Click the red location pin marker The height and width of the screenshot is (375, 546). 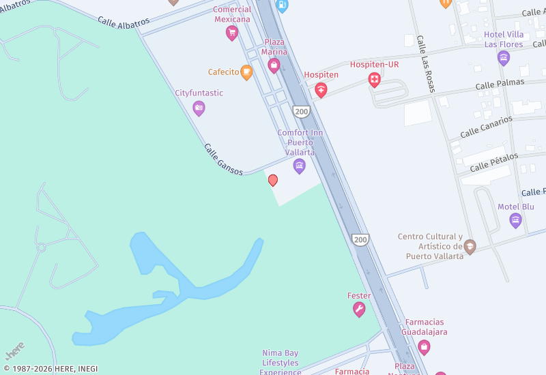coord(273,180)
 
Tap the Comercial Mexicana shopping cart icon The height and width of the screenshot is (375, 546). coord(232,33)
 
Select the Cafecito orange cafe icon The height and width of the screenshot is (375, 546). coord(246,72)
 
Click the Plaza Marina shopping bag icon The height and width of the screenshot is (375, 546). coord(274,65)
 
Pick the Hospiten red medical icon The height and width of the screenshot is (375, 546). coord(321,89)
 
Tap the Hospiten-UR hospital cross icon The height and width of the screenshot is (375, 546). coord(374,80)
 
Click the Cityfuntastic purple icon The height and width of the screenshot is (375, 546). coord(199,108)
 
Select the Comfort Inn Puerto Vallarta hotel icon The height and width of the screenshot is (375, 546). coord(299,166)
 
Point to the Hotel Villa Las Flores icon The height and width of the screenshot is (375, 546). coord(504,58)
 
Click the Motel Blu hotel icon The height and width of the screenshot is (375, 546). coord(515,220)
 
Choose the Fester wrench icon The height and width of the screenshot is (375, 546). coord(359,310)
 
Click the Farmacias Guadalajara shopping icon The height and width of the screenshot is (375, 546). coord(424,346)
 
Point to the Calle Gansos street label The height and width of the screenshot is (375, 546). coord(223,159)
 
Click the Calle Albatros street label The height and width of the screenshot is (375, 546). coord(124,22)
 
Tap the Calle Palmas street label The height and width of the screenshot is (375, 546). coord(500,83)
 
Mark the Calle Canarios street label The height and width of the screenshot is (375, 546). coord(486,126)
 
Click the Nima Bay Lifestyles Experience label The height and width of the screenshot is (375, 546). coord(281,362)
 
